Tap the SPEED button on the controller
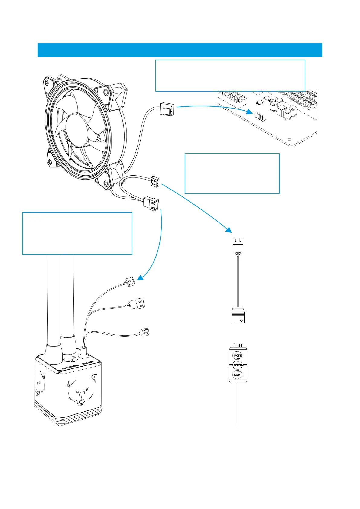coord(238,365)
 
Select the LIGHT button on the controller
coord(238,374)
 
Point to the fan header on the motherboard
coord(260,116)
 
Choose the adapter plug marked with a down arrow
coord(238,315)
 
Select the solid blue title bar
coord(180,50)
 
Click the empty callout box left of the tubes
coord(77,233)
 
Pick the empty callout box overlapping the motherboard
coord(230,75)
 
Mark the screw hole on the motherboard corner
coord(289,139)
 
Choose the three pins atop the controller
coord(238,345)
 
